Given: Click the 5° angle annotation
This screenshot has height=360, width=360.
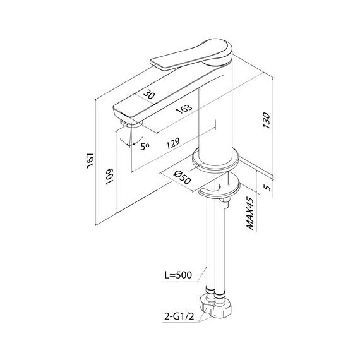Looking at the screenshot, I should pos(145,145).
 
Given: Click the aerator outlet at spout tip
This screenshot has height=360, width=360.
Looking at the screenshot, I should pos(124,120).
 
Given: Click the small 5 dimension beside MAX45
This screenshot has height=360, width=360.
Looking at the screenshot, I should pos(266,188).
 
